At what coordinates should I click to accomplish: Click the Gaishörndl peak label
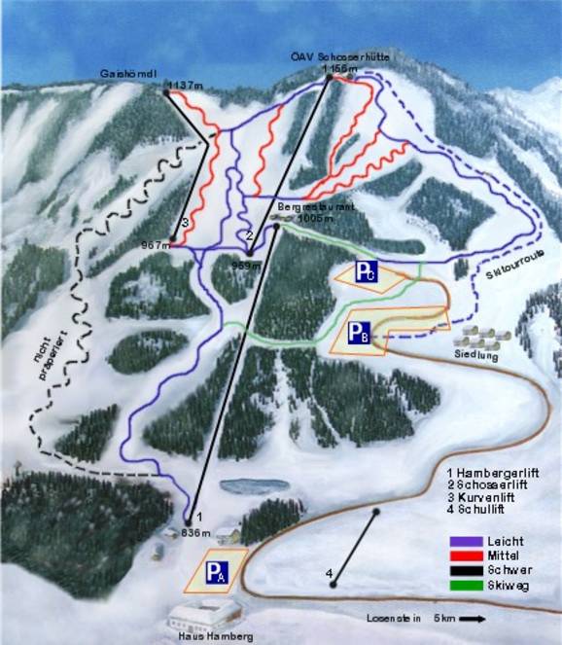point(129,73)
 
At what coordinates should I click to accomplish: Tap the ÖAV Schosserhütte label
point(341,56)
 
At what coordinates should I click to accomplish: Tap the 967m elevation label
point(155,245)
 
